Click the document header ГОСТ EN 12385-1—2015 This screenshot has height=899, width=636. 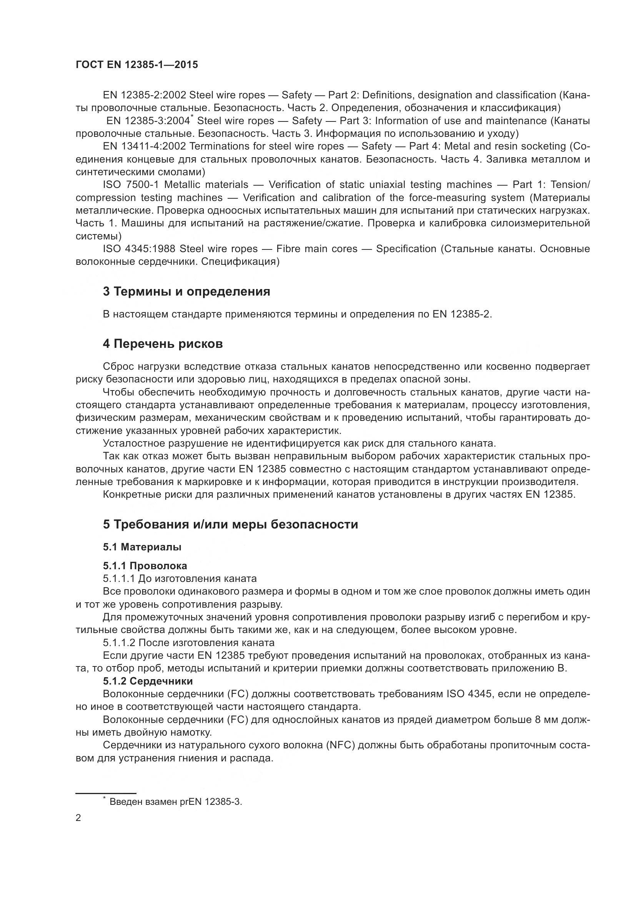coord(137,65)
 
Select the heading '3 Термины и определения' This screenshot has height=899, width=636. coord(186,292)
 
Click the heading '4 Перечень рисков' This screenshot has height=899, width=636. coord(163,344)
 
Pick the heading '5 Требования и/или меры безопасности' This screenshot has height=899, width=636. coord(230,524)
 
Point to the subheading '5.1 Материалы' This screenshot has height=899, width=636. coord(142,547)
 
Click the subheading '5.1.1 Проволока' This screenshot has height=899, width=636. coord(145,566)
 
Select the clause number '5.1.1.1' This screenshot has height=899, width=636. coord(119,579)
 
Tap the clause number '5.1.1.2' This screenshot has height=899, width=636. coord(119,643)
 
